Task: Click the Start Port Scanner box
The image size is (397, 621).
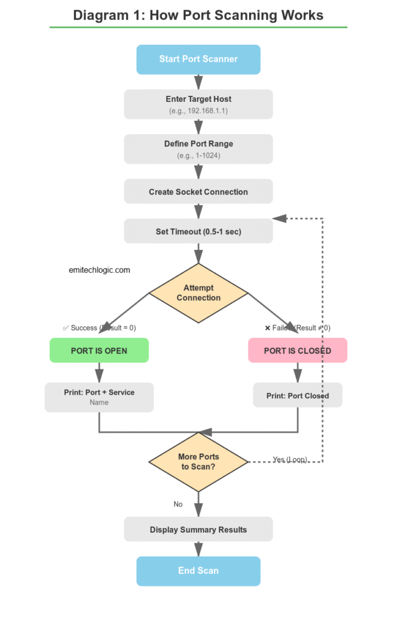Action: tap(198, 59)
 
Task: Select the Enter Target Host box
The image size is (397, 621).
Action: tap(198, 104)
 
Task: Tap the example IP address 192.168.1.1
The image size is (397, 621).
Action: tap(198, 112)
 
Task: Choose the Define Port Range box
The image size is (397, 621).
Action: tap(198, 149)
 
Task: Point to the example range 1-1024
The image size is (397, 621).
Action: tap(198, 156)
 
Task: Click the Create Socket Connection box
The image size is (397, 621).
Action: tap(198, 192)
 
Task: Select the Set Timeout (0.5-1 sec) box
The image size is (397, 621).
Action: tap(198, 231)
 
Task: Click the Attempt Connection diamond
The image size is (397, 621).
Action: tap(198, 293)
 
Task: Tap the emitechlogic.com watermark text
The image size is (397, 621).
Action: tap(99, 270)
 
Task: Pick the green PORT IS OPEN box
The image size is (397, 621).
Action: tap(99, 351)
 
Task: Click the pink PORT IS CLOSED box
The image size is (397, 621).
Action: tap(298, 351)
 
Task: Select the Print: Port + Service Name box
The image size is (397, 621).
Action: tap(99, 397)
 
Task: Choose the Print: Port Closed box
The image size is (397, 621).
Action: tap(298, 395)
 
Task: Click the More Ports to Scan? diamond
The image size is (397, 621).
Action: tap(198, 462)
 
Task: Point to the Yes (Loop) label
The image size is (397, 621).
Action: tap(290, 460)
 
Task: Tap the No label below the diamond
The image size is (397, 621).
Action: tap(178, 504)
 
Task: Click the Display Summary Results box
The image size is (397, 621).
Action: tap(198, 529)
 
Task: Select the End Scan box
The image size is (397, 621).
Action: tap(198, 571)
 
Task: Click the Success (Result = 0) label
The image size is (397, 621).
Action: tap(100, 328)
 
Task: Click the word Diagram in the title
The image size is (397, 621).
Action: tap(98, 15)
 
